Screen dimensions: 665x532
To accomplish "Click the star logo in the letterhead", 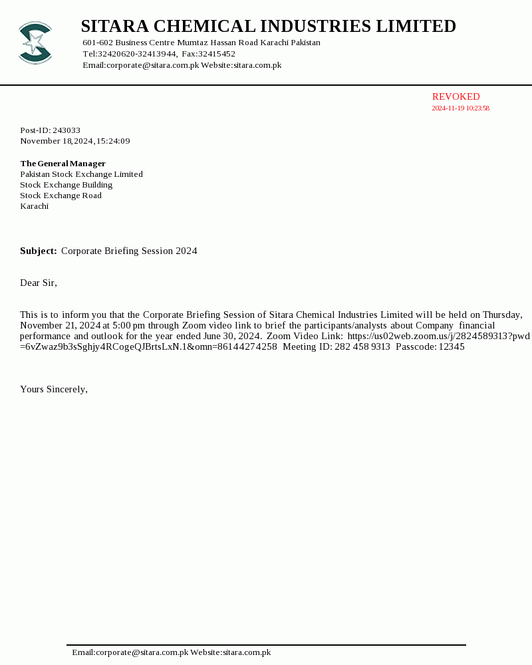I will pos(35,43).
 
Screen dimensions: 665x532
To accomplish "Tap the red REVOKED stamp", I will pos(456,97).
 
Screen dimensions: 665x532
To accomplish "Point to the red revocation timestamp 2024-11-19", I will pos(448,108).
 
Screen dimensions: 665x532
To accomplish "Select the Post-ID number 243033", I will pos(66,130).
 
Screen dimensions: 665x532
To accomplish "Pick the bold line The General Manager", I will pos(63,164).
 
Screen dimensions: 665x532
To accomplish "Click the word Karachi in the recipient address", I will pos(34,206).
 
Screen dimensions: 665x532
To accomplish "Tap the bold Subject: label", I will pos(38,251).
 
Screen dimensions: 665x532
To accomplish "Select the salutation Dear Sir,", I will pos(39,283).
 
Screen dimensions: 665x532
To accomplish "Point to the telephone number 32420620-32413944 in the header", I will pos(137,54).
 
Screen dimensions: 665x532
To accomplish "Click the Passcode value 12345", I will pos(452,347).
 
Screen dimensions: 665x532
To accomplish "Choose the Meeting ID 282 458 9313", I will pos(362,347).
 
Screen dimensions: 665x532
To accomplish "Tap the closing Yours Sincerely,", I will pos(54,390).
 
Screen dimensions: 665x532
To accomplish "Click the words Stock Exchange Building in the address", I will pos(66,185).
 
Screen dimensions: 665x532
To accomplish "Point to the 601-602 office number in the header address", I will pos(98,43).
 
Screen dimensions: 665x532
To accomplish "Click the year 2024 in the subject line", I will pos(186,251).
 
